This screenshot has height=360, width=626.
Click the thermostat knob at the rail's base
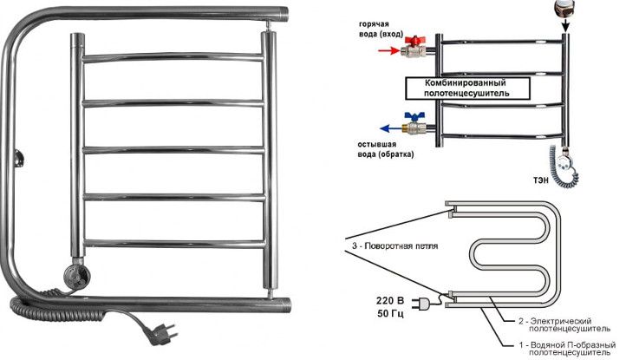73,278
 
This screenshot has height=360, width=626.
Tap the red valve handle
414,41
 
